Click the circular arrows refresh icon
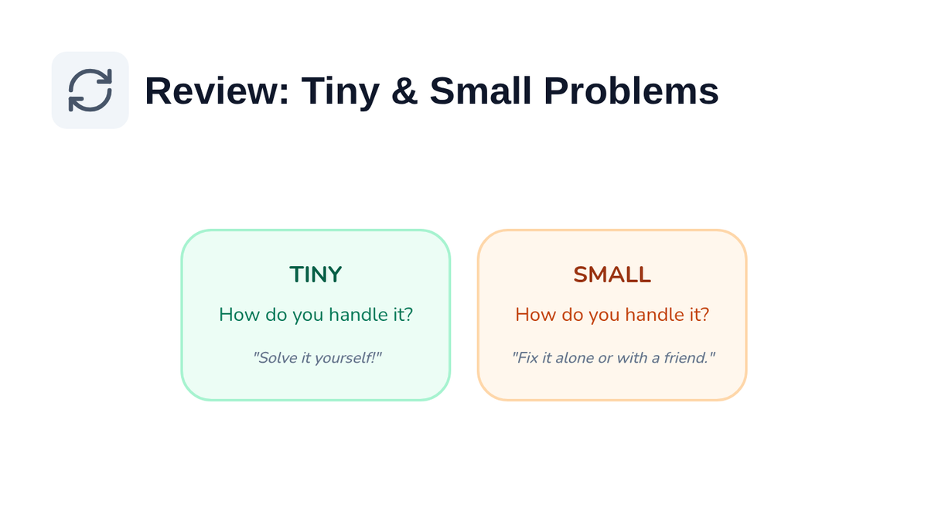pyautogui.click(x=90, y=90)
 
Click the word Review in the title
pyautogui.click(x=217, y=91)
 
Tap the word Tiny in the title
pyautogui.click(x=340, y=94)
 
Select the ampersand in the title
pyautogui.click(x=404, y=91)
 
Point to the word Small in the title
pyautogui.click(x=480, y=91)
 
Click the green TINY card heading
pyautogui.click(x=316, y=275)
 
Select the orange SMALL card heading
pyautogui.click(x=612, y=275)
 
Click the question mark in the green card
pyautogui.click(x=408, y=315)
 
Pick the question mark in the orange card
pyautogui.click(x=705, y=315)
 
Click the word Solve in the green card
pyautogui.click(x=276, y=357)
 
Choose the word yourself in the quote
pyautogui.click(x=345, y=358)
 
